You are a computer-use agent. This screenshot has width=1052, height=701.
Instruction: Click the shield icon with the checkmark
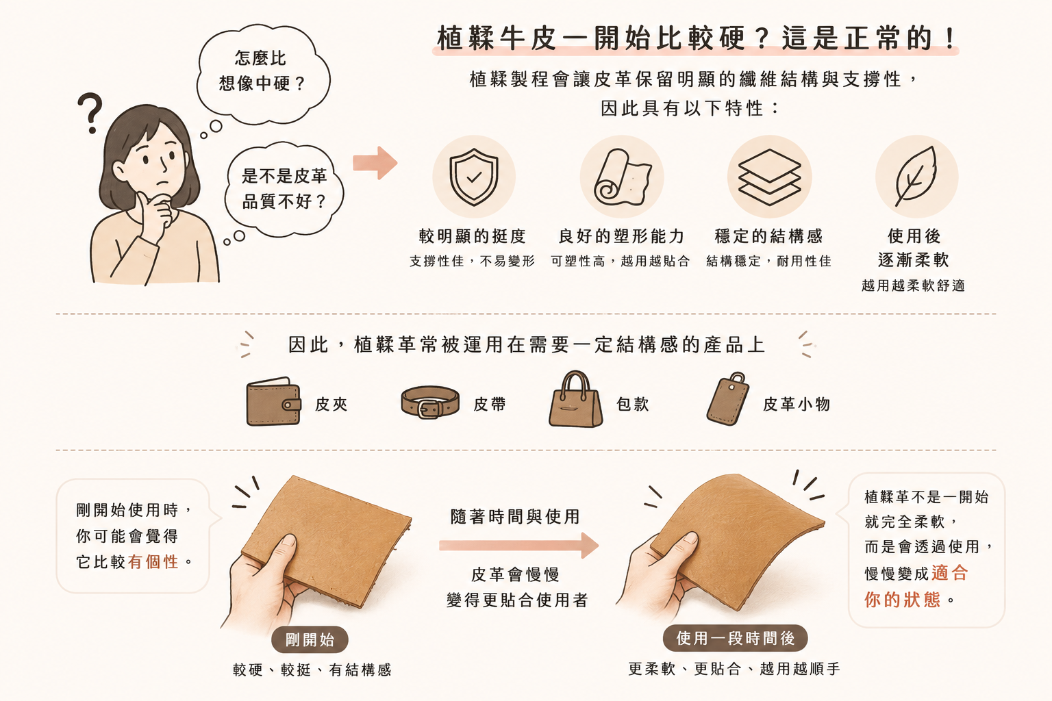[473, 177]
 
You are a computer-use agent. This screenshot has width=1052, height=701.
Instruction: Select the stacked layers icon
[769, 177]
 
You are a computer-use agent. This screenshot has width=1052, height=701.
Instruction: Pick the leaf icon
[916, 176]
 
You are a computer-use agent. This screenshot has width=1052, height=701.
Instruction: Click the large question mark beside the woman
[90, 113]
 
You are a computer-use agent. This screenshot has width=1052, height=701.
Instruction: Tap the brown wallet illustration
[273, 401]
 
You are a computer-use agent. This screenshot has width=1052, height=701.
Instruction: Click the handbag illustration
[575, 399]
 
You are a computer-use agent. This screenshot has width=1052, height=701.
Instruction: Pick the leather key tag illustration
[727, 398]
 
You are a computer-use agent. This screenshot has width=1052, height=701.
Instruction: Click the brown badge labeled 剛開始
[310, 639]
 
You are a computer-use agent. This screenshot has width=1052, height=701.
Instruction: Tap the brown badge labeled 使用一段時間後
[735, 638]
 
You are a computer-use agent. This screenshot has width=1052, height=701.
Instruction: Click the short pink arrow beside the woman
[375, 163]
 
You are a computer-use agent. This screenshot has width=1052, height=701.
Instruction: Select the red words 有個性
[153, 561]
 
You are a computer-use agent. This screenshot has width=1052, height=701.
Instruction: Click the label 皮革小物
[797, 404]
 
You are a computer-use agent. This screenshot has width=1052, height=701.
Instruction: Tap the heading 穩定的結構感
[769, 235]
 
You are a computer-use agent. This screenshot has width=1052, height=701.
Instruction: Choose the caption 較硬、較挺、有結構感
[312, 670]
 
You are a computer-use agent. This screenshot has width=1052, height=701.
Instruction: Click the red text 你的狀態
[902, 600]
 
